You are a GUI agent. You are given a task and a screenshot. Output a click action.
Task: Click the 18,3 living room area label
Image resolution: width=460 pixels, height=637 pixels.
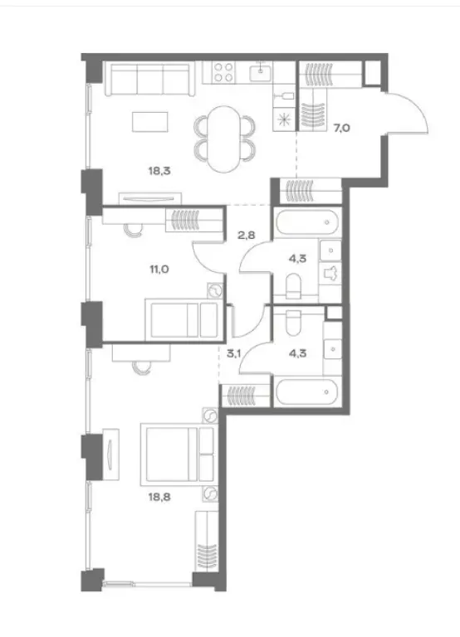(159, 171)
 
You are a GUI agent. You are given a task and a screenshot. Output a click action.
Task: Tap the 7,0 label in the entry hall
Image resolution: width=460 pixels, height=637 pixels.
(341, 129)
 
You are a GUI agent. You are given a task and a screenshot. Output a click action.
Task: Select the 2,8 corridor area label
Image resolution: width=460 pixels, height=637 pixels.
(247, 235)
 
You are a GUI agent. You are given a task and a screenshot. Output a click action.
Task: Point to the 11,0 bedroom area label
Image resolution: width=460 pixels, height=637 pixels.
(159, 269)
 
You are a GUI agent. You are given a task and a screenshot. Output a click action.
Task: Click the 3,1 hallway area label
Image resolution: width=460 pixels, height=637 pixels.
(234, 353)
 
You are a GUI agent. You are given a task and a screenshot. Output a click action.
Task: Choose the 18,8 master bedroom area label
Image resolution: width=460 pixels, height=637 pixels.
(159, 497)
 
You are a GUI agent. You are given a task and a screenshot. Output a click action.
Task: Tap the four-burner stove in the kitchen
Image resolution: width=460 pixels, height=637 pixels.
(223, 72)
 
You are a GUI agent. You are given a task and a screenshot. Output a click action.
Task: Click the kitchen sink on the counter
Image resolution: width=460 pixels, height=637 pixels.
(261, 73)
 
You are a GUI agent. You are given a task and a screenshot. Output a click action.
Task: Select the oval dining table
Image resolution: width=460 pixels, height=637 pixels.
(223, 139)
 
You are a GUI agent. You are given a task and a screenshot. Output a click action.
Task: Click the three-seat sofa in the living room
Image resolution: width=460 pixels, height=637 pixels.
(148, 79)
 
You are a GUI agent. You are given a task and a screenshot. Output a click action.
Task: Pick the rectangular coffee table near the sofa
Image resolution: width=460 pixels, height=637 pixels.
(150, 122)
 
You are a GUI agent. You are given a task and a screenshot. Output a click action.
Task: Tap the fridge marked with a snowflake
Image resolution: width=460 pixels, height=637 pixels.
(284, 119)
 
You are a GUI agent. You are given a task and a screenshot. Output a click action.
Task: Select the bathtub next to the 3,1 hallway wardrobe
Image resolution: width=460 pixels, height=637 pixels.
(307, 391)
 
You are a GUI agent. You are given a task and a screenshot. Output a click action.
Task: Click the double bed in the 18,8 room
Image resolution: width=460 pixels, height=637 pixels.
(178, 455)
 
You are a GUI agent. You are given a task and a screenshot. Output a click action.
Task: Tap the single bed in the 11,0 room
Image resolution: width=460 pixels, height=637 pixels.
(184, 319)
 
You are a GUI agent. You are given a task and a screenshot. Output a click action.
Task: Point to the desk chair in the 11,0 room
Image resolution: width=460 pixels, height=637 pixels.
(135, 231)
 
